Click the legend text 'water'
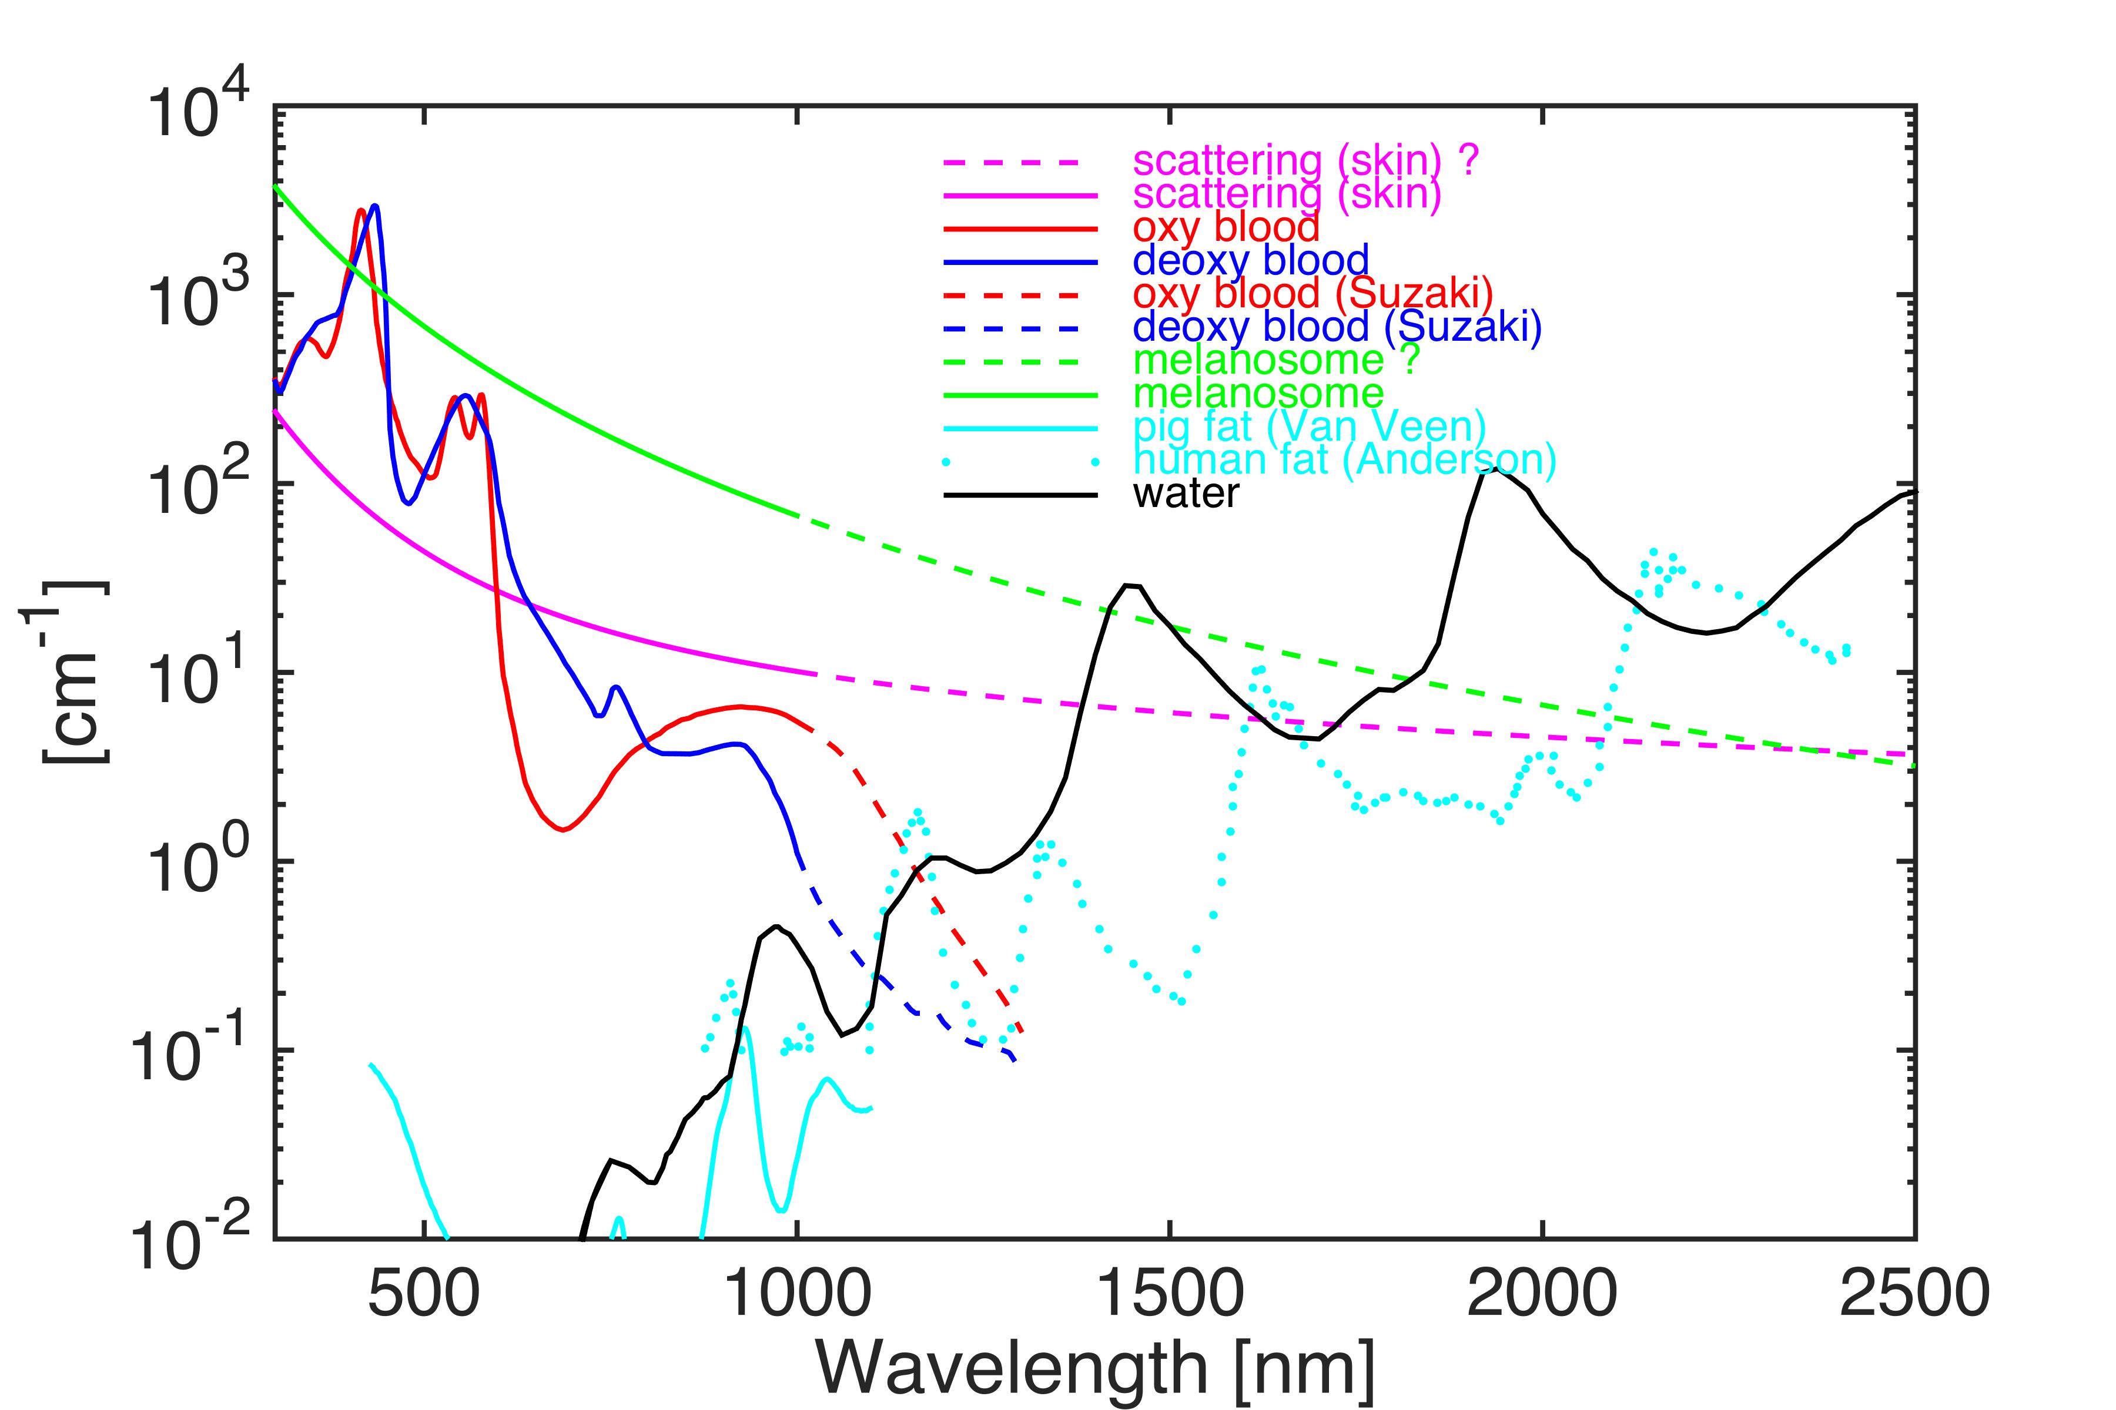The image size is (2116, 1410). click(x=1186, y=493)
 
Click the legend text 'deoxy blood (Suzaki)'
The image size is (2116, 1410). click(x=1337, y=327)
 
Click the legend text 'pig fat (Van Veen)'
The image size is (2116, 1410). click(x=1309, y=427)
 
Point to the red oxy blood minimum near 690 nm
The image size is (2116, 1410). click(x=563, y=829)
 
